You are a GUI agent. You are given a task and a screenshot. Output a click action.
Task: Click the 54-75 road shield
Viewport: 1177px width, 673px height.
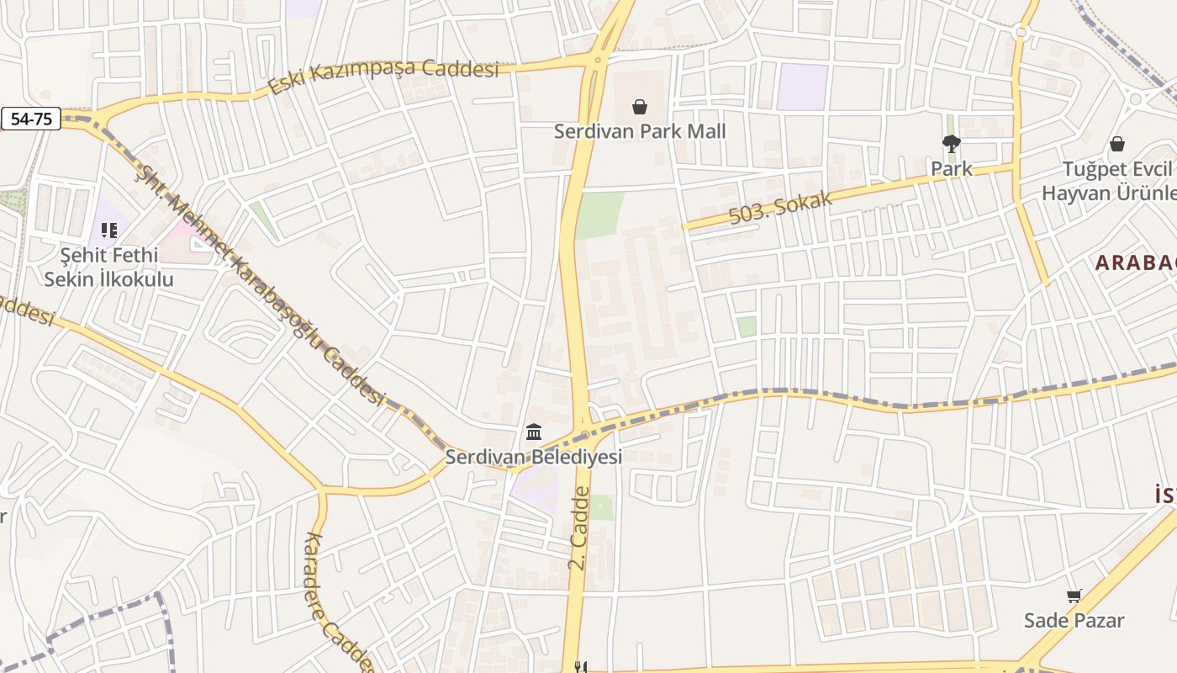coord(31,119)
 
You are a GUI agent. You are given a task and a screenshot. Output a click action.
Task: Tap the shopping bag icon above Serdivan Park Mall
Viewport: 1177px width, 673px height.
coord(639,107)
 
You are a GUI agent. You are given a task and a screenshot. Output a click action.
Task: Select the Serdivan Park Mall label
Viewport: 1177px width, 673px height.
coord(639,131)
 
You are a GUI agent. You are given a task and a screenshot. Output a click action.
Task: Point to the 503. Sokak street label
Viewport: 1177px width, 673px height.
coord(780,208)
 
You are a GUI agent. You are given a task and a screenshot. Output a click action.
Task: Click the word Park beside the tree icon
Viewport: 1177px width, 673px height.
coord(951,168)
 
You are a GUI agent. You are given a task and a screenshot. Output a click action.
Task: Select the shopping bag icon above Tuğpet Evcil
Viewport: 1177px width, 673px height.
coord(1117,145)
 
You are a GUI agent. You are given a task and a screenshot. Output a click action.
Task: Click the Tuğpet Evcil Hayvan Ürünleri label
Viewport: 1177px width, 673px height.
coord(1109,181)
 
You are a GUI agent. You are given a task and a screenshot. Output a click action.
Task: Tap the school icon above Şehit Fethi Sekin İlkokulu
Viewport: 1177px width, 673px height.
coord(108,230)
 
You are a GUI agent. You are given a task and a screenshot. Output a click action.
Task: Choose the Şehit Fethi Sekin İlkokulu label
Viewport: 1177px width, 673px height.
coord(108,267)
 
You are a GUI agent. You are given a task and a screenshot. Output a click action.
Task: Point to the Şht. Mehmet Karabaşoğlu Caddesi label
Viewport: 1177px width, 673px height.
coord(261,286)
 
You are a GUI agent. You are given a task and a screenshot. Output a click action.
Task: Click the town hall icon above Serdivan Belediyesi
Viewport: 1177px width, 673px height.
coord(533,432)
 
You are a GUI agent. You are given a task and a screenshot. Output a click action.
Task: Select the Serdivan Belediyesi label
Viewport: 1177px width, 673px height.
coord(533,457)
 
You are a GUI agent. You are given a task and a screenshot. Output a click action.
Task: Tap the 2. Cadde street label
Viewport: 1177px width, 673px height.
coord(578,527)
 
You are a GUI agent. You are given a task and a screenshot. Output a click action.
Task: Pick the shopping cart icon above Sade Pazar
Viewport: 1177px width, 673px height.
coord(1074,596)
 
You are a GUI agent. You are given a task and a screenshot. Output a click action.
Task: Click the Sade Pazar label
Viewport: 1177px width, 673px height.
coord(1074,621)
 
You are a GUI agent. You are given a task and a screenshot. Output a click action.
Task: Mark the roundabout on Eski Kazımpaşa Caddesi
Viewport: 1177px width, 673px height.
coord(597,60)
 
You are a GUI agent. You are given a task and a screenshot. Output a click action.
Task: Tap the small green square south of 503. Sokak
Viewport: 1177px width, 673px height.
coord(747,326)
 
